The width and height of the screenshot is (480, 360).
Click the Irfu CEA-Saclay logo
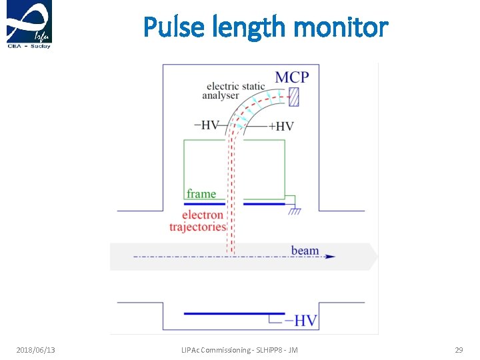point(29,25)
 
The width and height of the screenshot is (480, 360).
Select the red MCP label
point(292,77)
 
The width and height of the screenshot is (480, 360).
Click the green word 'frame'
point(201,193)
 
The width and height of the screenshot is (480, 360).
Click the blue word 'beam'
point(305,251)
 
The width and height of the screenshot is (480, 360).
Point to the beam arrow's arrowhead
point(331,257)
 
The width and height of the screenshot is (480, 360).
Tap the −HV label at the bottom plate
point(301,321)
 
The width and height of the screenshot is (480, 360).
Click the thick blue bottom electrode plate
point(233,313)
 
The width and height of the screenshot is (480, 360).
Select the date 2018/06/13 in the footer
point(35,350)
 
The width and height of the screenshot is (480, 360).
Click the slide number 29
point(459,350)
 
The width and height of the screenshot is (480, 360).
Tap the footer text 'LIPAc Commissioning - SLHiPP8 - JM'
point(239,350)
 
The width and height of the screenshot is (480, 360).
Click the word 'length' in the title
point(251,27)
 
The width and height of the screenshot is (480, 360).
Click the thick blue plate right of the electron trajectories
point(264,203)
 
